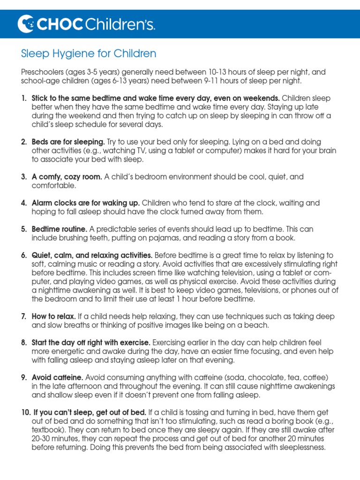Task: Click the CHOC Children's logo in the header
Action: (x=86, y=24)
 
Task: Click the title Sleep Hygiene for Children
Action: (x=89, y=53)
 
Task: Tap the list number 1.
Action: (x=24, y=98)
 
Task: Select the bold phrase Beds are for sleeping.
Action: (x=68, y=142)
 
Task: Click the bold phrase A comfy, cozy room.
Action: (x=67, y=177)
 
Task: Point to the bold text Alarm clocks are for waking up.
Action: (x=86, y=203)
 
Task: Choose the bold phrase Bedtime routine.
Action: (x=60, y=229)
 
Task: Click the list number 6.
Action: (x=24, y=255)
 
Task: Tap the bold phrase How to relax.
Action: (x=54, y=316)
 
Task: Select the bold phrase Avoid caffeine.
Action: (x=58, y=377)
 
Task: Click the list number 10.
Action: (x=25, y=412)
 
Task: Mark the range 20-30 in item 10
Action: (x=42, y=438)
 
